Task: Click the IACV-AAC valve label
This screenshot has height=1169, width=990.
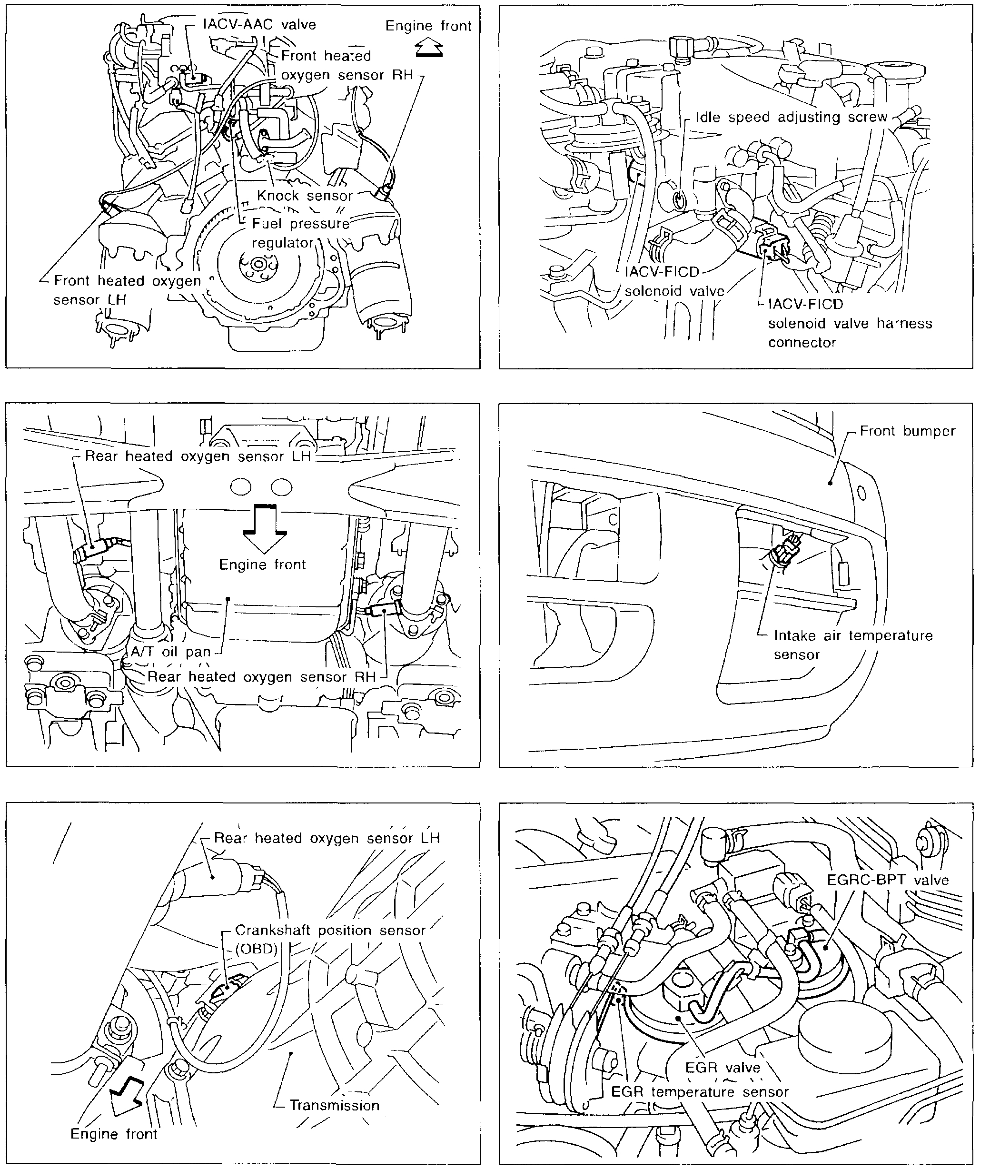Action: pos(259,25)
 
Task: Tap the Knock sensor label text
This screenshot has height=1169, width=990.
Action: pos(305,195)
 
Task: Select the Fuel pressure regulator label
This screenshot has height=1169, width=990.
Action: pos(300,233)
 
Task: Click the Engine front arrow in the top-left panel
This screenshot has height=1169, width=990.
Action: pos(429,49)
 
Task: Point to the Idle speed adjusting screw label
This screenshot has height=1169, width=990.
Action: pos(792,117)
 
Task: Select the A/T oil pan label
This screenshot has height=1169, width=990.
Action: pos(170,652)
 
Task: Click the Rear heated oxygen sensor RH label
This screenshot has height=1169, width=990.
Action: pos(261,677)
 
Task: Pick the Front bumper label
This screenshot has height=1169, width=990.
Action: pos(908,431)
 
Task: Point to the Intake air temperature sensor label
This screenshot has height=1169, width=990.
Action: pos(853,645)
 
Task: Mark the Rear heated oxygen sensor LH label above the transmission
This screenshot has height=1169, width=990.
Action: pos(327,838)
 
